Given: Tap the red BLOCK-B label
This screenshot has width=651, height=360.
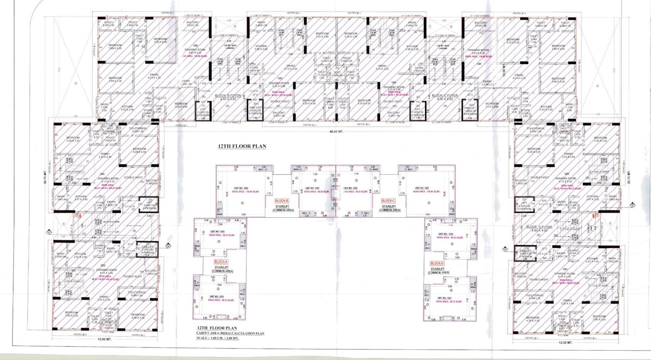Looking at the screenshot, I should (x=282, y=201).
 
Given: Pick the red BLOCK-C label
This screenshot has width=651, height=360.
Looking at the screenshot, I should (x=388, y=201).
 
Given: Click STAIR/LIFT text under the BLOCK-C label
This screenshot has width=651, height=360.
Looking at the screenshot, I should (x=389, y=206).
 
